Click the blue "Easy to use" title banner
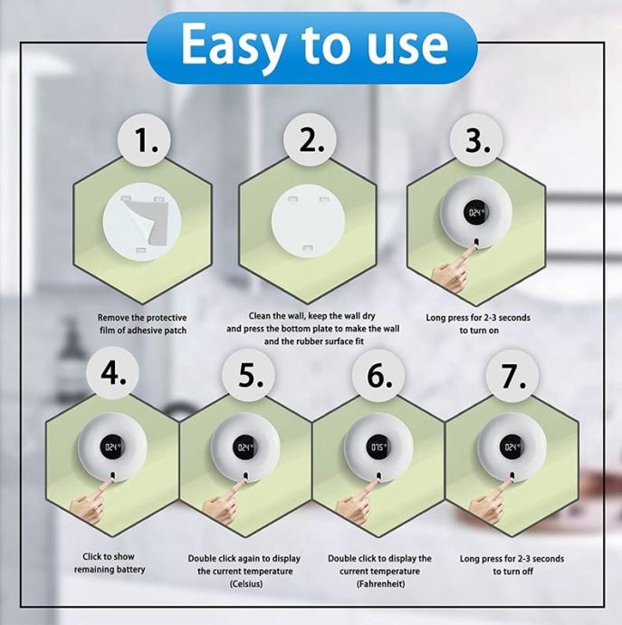(x=311, y=47)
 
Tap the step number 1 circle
(x=144, y=139)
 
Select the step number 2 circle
(x=310, y=139)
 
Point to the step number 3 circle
(x=476, y=139)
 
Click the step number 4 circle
(x=112, y=374)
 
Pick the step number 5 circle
(x=249, y=376)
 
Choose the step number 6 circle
(x=378, y=376)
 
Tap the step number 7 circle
(x=512, y=376)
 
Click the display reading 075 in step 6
(x=378, y=447)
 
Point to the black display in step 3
(x=475, y=212)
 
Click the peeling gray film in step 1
(x=148, y=221)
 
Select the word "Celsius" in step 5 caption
(x=246, y=584)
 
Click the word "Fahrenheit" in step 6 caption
(x=380, y=584)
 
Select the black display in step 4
(x=113, y=447)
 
